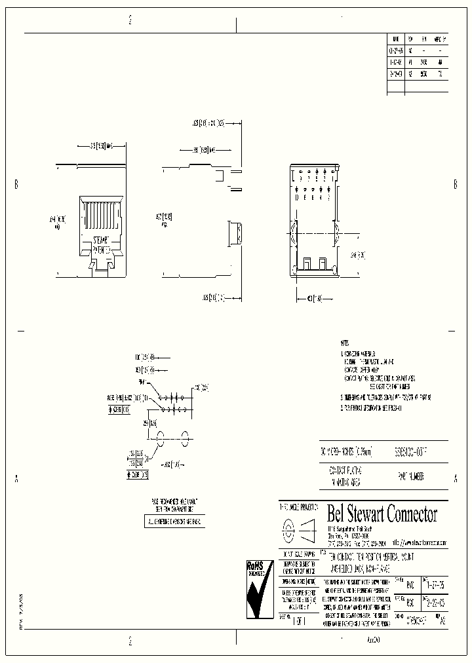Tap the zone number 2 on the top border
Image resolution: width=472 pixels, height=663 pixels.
tap(131, 20)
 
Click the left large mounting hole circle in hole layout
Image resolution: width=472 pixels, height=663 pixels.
tap(157, 436)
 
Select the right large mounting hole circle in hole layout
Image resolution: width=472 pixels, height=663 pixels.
tap(186, 436)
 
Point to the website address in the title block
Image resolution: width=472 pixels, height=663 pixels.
tap(420, 542)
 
